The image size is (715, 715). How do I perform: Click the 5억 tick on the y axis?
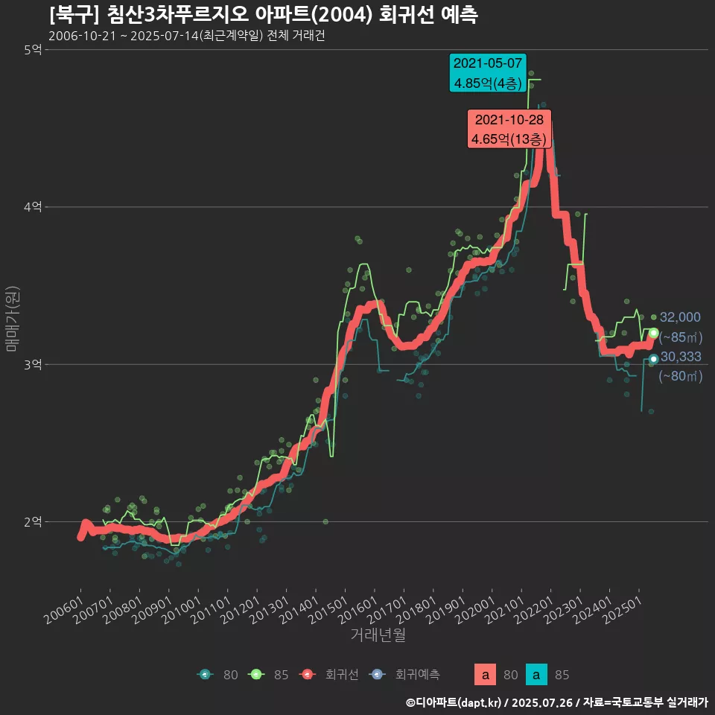click(34, 50)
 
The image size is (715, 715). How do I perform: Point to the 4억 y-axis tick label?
click(34, 207)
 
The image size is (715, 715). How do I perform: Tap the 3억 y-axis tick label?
click(34, 364)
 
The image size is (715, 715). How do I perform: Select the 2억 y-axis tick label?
click(34, 521)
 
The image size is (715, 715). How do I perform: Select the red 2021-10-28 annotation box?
click(509, 129)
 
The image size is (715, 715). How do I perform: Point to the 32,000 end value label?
click(680, 317)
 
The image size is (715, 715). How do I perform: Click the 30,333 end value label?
click(680, 357)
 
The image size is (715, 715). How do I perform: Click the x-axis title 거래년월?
click(378, 635)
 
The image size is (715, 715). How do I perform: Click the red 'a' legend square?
click(486, 675)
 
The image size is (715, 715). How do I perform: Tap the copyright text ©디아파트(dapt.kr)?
click(454, 702)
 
